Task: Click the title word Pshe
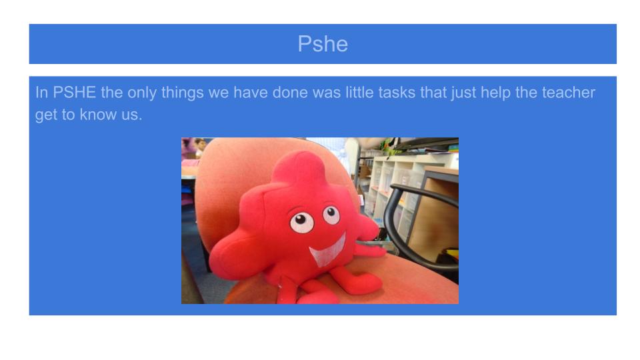[323, 44]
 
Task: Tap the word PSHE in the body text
[74, 92]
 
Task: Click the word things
[183, 93]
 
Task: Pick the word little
[359, 92]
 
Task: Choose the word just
[464, 93]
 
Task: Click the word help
[495, 93]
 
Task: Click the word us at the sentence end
[129, 116]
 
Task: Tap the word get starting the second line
[46, 115]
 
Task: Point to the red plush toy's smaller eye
[331, 215]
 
